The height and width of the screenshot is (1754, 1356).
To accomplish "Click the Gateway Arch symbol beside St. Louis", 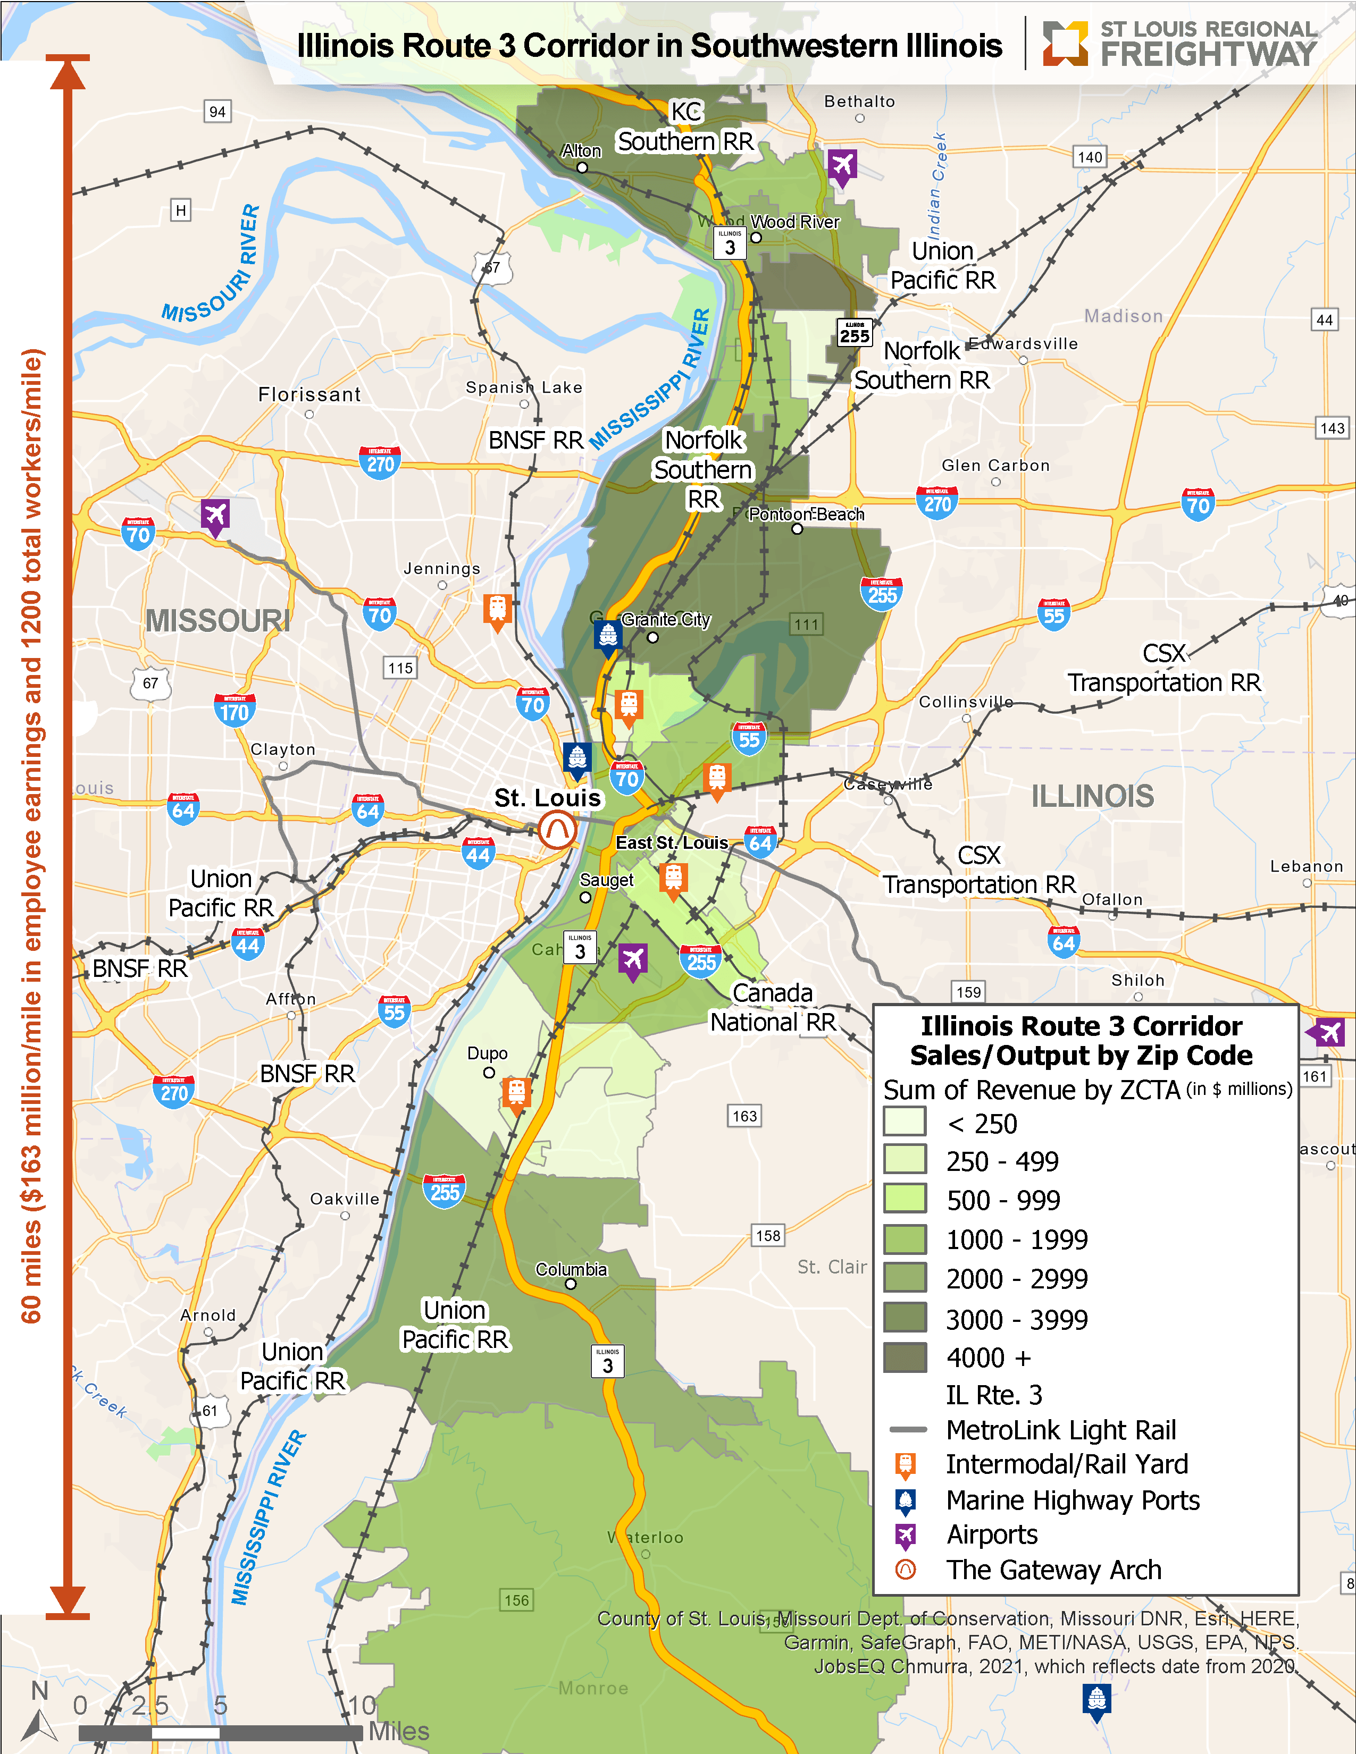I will (557, 830).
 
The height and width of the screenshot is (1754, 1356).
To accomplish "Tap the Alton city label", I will (581, 151).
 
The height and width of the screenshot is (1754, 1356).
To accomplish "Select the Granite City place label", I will (666, 619).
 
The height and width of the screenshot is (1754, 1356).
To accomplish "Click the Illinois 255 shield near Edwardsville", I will (854, 333).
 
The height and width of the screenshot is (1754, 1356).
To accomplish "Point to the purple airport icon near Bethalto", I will (842, 166).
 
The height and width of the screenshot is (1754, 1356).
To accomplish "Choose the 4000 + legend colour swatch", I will (905, 1357).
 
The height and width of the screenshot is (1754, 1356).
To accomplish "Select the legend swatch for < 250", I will (905, 1121).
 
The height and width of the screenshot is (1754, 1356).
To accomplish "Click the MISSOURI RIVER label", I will (211, 265).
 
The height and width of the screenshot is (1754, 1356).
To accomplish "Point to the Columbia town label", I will (571, 1269).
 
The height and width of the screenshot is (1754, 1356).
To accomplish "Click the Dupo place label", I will (488, 1053).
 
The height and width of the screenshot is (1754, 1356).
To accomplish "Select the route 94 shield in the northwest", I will (217, 112).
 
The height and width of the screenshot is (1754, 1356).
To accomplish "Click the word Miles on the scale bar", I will (398, 1732).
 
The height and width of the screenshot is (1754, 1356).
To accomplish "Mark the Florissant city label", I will (309, 394).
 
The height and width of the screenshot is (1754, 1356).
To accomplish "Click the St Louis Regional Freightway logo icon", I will (1065, 44).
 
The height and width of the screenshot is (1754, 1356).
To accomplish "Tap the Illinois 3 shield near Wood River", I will (730, 243).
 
